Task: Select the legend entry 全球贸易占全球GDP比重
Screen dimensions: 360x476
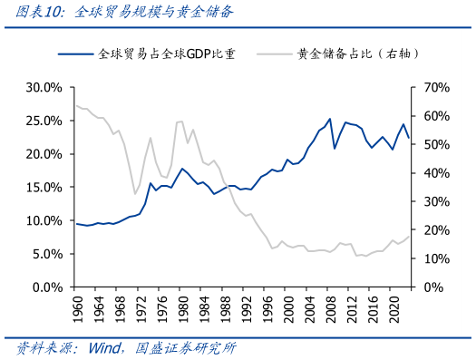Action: point(167,54)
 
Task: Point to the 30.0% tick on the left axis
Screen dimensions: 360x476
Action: point(42,88)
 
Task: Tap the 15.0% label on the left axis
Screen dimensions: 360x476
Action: point(42,188)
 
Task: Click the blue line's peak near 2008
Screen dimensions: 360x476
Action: point(329,119)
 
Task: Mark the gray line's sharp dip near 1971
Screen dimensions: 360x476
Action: point(135,193)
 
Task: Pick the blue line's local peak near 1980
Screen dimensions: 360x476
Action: point(182,169)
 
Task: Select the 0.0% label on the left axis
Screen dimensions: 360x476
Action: point(44,287)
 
